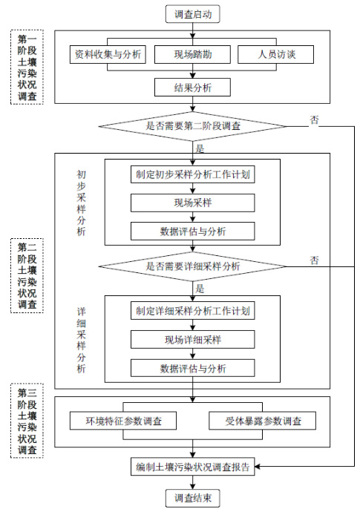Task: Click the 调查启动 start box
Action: [192, 14]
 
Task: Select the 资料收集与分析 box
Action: [108, 54]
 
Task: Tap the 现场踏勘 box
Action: [192, 54]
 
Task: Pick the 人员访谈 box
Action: [275, 54]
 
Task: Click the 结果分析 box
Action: [192, 87]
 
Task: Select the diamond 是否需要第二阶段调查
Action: [192, 126]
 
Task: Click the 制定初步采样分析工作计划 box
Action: [193, 174]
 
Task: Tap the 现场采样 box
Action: [193, 203]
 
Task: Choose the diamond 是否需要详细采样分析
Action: [192, 266]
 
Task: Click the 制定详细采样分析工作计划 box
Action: [193, 311]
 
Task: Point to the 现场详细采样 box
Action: [193, 340]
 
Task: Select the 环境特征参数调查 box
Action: [123, 421]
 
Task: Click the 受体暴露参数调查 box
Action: [262, 421]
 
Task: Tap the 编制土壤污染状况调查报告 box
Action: [193, 467]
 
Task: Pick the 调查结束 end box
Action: [192, 498]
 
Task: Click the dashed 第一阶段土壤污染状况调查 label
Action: [27, 68]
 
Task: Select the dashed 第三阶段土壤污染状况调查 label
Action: [27, 421]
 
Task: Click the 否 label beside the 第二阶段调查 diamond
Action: [314, 120]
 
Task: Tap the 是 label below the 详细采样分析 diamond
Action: [200, 289]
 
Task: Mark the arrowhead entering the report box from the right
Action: [258, 467]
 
